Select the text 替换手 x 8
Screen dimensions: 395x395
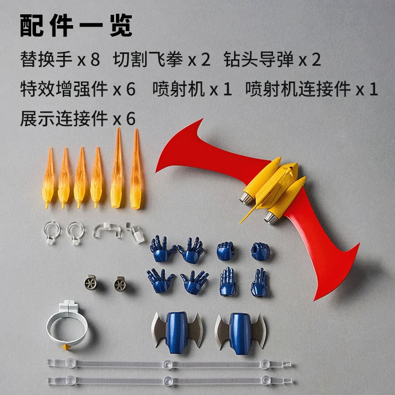coord(60,60)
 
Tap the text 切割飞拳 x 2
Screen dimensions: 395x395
coord(161,60)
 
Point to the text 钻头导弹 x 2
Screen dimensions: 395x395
coord(272,60)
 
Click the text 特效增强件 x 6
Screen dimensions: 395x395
coord(78,89)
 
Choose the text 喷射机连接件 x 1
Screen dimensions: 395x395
coord(312,89)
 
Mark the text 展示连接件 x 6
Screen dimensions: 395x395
coord(78,119)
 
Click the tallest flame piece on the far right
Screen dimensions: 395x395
coord(136,168)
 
